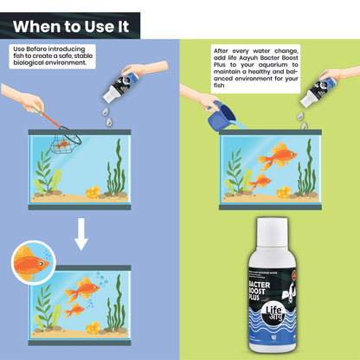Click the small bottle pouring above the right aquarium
coord(312,92)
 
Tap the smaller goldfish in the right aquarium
coord(258,183)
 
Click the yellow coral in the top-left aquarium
coord(91,191)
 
